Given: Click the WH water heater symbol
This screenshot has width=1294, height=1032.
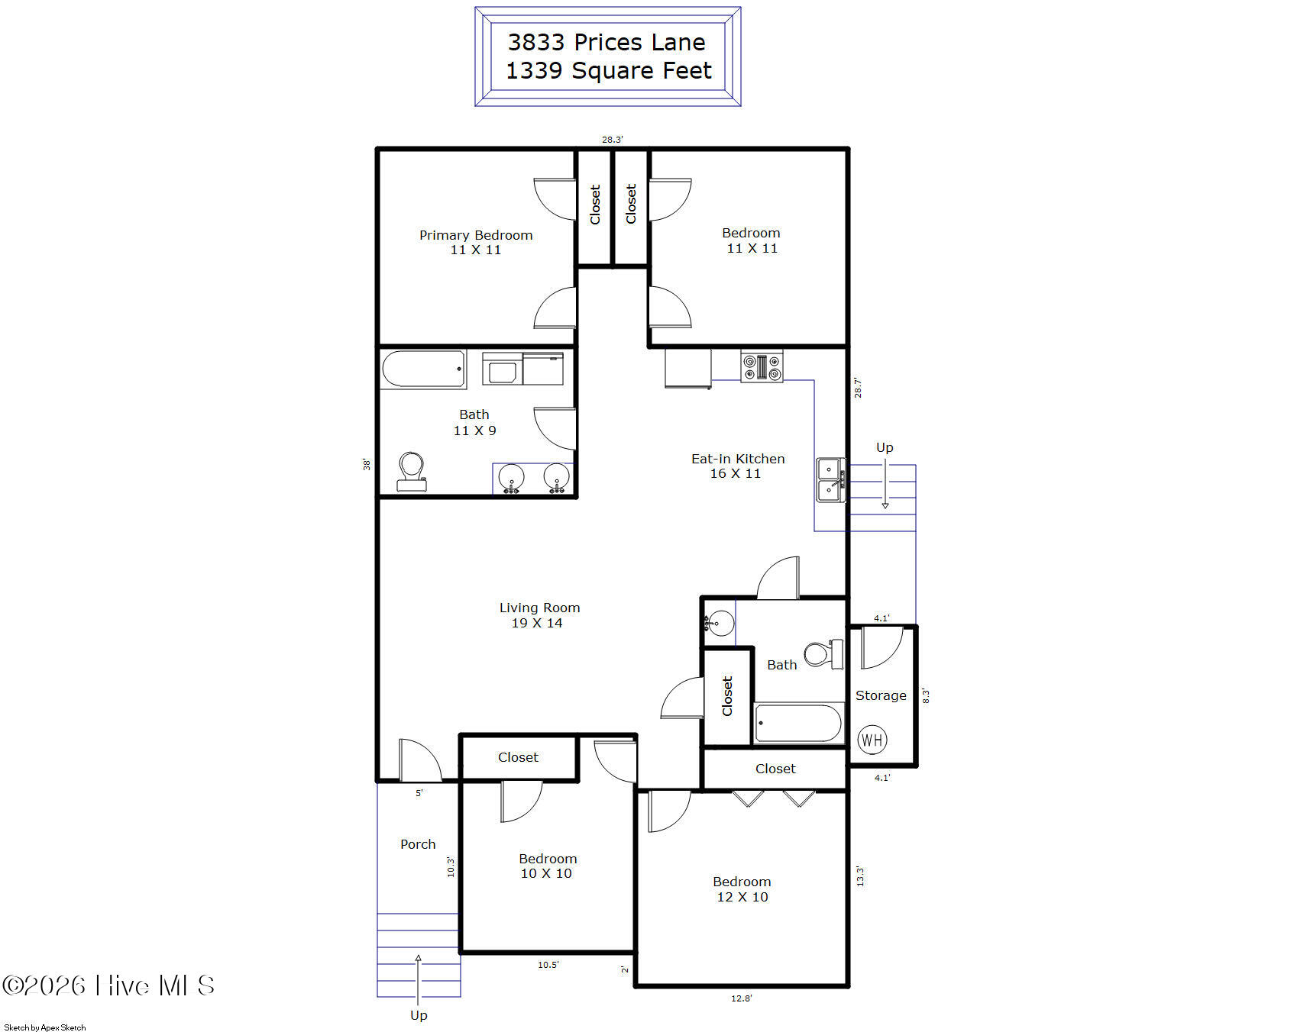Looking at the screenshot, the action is click(872, 739).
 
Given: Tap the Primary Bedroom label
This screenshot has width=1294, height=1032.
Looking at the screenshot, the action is click(476, 235).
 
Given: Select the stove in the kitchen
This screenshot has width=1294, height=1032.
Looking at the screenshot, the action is click(762, 366).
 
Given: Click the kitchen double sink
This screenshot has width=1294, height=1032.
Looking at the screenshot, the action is click(831, 479).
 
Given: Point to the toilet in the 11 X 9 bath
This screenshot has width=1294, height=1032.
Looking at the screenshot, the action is click(412, 472).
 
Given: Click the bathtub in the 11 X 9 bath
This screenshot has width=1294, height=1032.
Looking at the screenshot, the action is click(423, 369).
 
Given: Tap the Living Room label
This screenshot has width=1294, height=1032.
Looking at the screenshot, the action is click(539, 608).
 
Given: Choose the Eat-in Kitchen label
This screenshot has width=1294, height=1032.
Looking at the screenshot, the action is click(738, 459).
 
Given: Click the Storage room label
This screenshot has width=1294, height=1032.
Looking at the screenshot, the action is click(881, 695).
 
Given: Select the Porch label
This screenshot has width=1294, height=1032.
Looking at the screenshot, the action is click(418, 844).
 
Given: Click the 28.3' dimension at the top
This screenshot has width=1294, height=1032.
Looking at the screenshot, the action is click(612, 140).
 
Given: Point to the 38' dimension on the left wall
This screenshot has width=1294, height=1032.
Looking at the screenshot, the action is click(367, 464).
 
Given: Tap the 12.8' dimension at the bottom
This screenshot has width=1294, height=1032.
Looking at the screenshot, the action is click(741, 998).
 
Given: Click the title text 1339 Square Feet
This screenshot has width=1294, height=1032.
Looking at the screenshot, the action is click(609, 70).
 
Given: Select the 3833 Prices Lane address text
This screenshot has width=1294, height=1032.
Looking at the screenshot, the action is click(607, 42).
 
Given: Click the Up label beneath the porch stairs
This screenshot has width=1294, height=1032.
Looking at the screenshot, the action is click(419, 1015).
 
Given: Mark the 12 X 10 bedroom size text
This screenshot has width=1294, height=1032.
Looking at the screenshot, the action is click(742, 897).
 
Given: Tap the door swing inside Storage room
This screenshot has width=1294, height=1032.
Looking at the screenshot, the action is click(882, 647).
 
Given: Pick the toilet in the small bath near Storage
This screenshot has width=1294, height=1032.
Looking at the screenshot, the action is click(824, 653).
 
